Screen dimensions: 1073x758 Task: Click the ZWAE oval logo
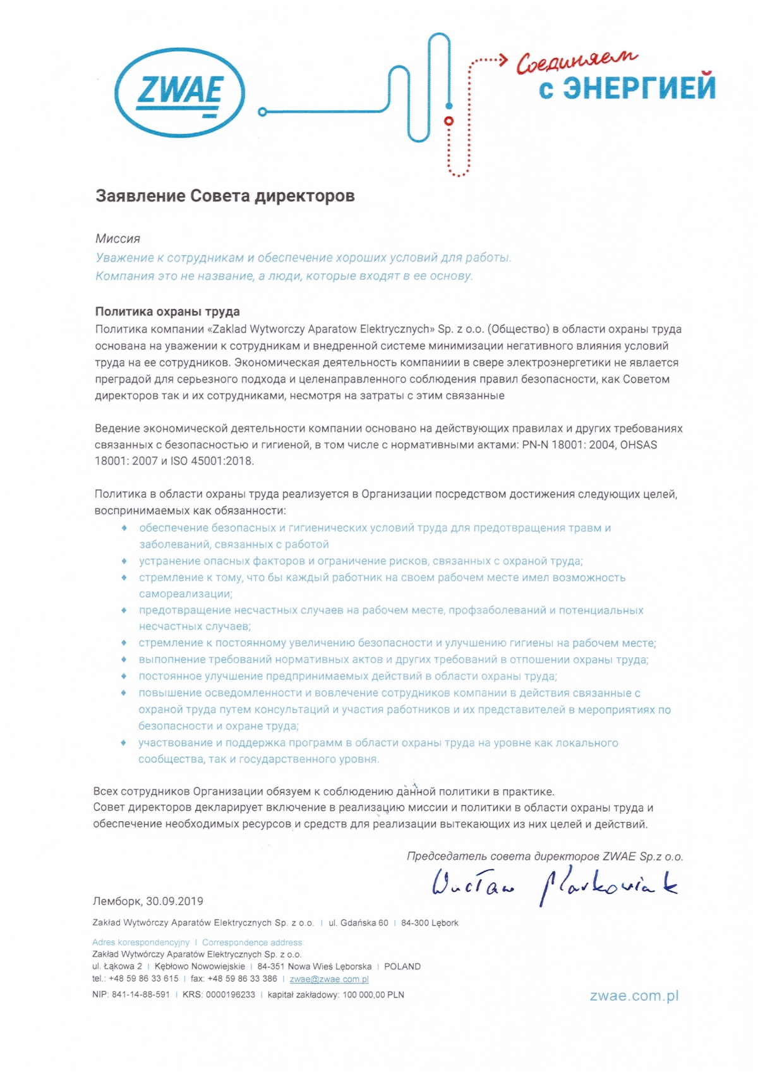coord(179,93)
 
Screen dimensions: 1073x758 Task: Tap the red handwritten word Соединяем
coord(577,61)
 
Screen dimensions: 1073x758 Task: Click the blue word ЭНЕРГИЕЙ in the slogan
coord(639,88)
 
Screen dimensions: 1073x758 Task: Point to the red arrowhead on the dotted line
coord(503,61)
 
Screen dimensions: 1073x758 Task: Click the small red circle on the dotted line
coord(449,120)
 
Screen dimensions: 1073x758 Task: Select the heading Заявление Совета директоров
coord(225,196)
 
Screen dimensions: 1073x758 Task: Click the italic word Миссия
coord(117,239)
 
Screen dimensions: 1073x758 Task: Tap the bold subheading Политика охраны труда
coord(167,312)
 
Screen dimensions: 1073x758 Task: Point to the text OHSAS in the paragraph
coord(639,445)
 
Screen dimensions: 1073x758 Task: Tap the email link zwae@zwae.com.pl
coord(329,979)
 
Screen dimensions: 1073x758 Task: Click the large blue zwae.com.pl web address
coord(634,996)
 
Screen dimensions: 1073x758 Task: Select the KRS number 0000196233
coord(230,995)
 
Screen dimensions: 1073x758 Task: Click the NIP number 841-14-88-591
coord(141,995)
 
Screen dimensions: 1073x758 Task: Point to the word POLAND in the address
coord(402,966)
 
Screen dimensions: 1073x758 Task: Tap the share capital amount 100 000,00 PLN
coord(373,995)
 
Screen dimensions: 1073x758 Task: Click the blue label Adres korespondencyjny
coord(141,942)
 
